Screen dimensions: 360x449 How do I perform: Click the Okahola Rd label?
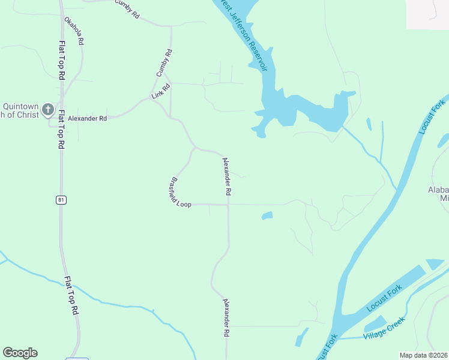pos(74,31)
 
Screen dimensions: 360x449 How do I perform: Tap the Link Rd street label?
pos(161,91)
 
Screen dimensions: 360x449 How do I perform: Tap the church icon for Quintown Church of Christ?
pos(48,111)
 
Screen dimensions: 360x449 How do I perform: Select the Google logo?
pos(20,353)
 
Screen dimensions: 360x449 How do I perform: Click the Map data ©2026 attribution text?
pos(423,355)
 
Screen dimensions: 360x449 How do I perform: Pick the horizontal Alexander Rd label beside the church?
pos(87,119)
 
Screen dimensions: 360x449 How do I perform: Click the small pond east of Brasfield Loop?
pos(267,215)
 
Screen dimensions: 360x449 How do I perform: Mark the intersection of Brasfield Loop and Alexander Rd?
pos(228,205)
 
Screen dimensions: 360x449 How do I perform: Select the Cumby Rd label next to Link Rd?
pos(164,62)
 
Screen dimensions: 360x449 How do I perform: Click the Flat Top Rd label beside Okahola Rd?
pos(62,60)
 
